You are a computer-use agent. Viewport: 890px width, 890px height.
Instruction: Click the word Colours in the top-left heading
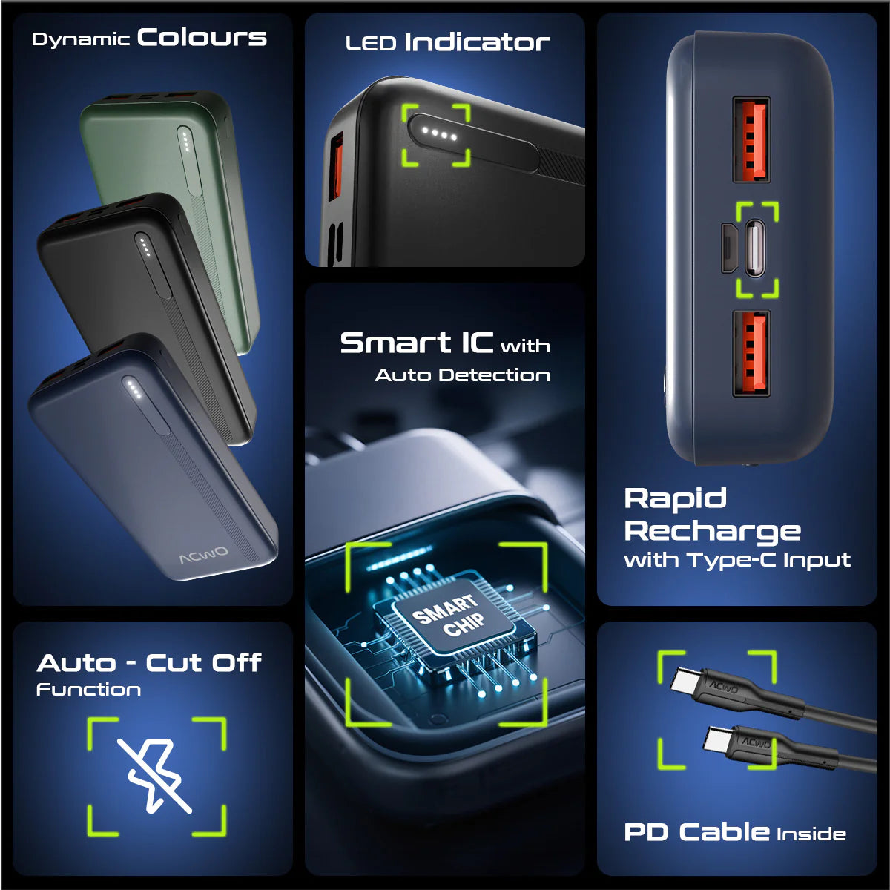(202, 37)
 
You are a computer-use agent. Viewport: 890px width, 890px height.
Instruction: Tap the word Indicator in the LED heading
(477, 42)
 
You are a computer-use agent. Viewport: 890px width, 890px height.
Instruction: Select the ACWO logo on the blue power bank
(204, 556)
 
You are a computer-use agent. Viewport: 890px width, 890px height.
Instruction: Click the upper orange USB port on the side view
(751, 140)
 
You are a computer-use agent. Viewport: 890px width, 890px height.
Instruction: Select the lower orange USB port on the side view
(751, 354)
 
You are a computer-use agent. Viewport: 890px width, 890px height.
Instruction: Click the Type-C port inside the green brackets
(755, 248)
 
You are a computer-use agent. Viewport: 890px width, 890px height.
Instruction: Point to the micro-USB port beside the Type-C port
(728, 248)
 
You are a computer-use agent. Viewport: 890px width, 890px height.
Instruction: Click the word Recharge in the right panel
(712, 532)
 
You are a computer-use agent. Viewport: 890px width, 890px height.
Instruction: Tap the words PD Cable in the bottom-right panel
(696, 832)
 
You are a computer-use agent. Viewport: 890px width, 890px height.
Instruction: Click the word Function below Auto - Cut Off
(89, 690)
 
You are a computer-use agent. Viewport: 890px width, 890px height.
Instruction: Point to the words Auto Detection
(462, 375)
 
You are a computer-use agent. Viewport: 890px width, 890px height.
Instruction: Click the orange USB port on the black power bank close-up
(336, 166)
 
